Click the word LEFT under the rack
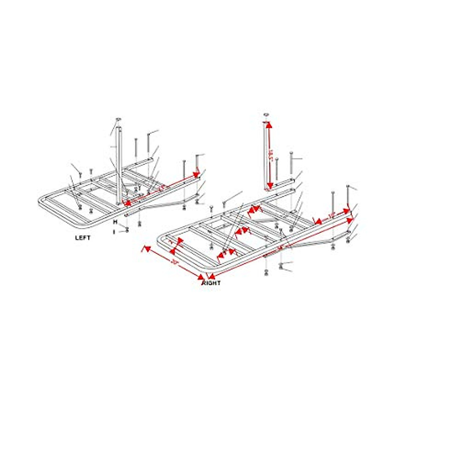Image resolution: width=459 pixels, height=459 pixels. pyautogui.click(x=83, y=238)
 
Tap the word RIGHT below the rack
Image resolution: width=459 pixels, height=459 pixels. pyautogui.click(x=212, y=283)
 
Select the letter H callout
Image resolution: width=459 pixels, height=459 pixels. pyautogui.click(x=114, y=222)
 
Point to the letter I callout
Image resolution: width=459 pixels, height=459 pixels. pyautogui.click(x=114, y=231)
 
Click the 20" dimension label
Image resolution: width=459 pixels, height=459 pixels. pyautogui.click(x=174, y=262)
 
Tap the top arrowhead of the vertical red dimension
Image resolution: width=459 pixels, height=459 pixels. pyautogui.click(x=269, y=125)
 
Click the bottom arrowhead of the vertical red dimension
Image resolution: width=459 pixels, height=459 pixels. pyautogui.click(x=270, y=186)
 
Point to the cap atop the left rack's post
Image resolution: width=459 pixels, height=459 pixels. pyautogui.click(x=118, y=120)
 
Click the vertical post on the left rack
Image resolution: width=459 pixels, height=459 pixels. pyautogui.click(x=120, y=164)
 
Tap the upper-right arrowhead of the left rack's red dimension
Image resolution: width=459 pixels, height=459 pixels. pyautogui.click(x=196, y=175)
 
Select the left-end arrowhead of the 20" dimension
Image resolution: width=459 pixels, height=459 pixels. pyautogui.click(x=145, y=249)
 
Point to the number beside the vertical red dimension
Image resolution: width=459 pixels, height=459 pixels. pyautogui.click(x=272, y=155)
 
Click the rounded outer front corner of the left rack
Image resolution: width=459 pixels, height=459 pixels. pyautogui.click(x=41, y=202)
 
